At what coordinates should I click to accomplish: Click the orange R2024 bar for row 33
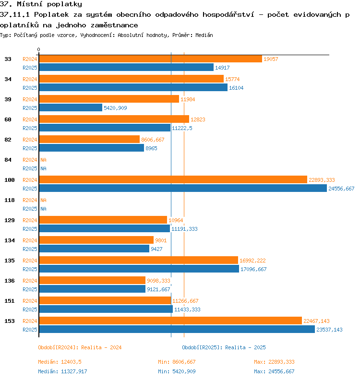(x=151, y=59)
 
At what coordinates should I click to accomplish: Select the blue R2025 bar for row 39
(x=71, y=107)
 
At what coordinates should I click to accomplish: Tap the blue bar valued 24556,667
(x=183, y=188)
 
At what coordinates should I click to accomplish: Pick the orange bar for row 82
(x=89, y=139)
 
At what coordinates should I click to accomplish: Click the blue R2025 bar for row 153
(x=177, y=329)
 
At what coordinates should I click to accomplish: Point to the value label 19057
(x=271, y=59)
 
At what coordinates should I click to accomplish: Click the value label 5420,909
(x=115, y=108)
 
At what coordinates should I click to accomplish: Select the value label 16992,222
(x=252, y=261)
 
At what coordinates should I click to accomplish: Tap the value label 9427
(x=156, y=249)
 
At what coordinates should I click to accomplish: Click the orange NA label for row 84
(x=43, y=160)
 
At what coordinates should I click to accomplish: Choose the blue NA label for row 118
(x=43, y=209)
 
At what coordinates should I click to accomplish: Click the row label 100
(x=10, y=180)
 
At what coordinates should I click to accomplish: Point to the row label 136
(x=10, y=281)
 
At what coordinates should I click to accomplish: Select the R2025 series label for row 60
(x=30, y=128)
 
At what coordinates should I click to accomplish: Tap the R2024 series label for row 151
(x=30, y=301)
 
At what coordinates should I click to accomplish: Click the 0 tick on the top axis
(x=38, y=50)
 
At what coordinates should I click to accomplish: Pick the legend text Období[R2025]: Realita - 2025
(x=224, y=347)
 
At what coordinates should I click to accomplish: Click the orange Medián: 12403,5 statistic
(x=60, y=362)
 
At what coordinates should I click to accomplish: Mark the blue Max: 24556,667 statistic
(x=274, y=371)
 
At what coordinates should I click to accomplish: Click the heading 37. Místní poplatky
(x=41, y=4)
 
